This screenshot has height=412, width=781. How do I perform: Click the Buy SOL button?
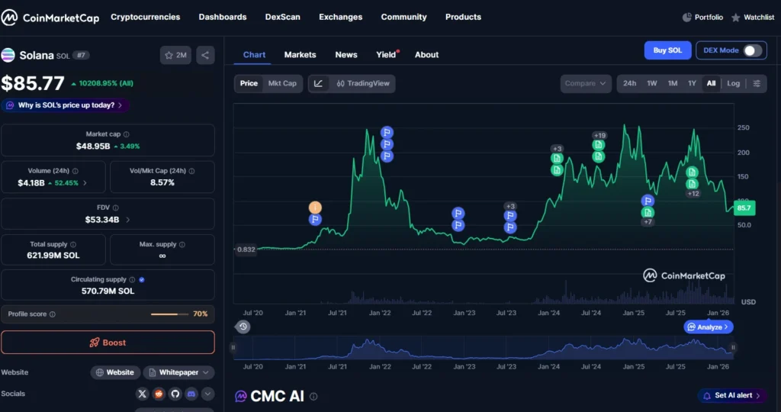[667, 50]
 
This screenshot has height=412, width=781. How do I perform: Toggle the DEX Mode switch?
[752, 50]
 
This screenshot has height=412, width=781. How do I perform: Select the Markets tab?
[300, 55]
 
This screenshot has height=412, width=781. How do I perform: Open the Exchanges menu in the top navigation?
[340, 17]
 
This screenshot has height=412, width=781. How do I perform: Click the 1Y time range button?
[692, 83]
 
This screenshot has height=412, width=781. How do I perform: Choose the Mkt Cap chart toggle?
[282, 83]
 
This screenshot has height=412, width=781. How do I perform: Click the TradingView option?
[363, 83]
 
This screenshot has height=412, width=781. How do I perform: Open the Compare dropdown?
[587, 83]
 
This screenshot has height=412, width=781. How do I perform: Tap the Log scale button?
[733, 83]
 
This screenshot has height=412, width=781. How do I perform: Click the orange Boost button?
[108, 343]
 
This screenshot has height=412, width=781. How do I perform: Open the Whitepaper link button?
[178, 372]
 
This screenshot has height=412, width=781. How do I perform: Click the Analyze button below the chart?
[709, 327]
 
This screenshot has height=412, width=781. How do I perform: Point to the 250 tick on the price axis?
[743, 127]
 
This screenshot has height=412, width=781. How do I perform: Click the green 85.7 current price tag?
[744, 208]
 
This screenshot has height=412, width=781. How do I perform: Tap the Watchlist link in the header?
[753, 17]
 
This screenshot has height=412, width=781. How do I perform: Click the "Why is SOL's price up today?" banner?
[66, 105]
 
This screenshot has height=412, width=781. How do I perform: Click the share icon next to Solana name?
[205, 55]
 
